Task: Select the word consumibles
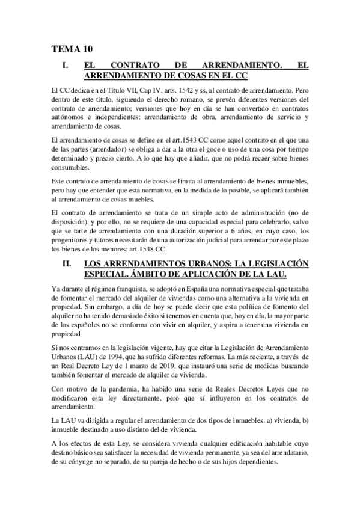click(x=69, y=167)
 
